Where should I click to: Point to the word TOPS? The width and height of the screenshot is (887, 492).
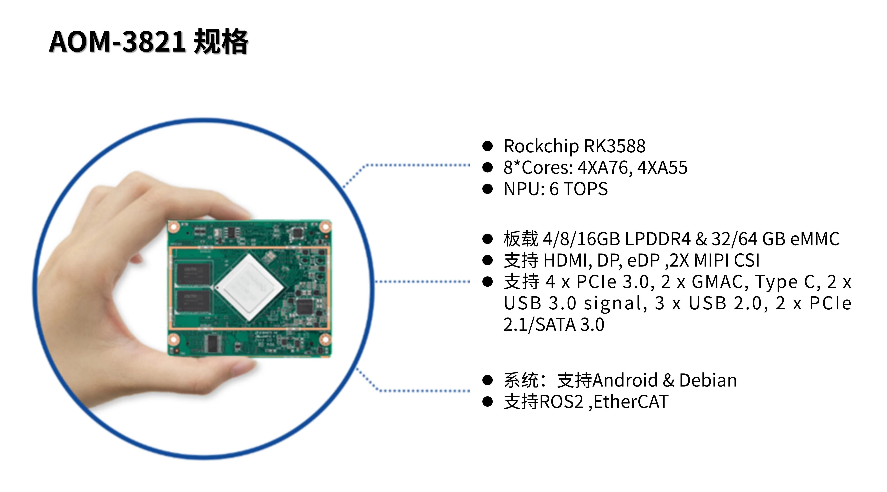pyautogui.click(x=586, y=189)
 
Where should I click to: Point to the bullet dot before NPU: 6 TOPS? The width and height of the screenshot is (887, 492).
pyautogui.click(x=487, y=189)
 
